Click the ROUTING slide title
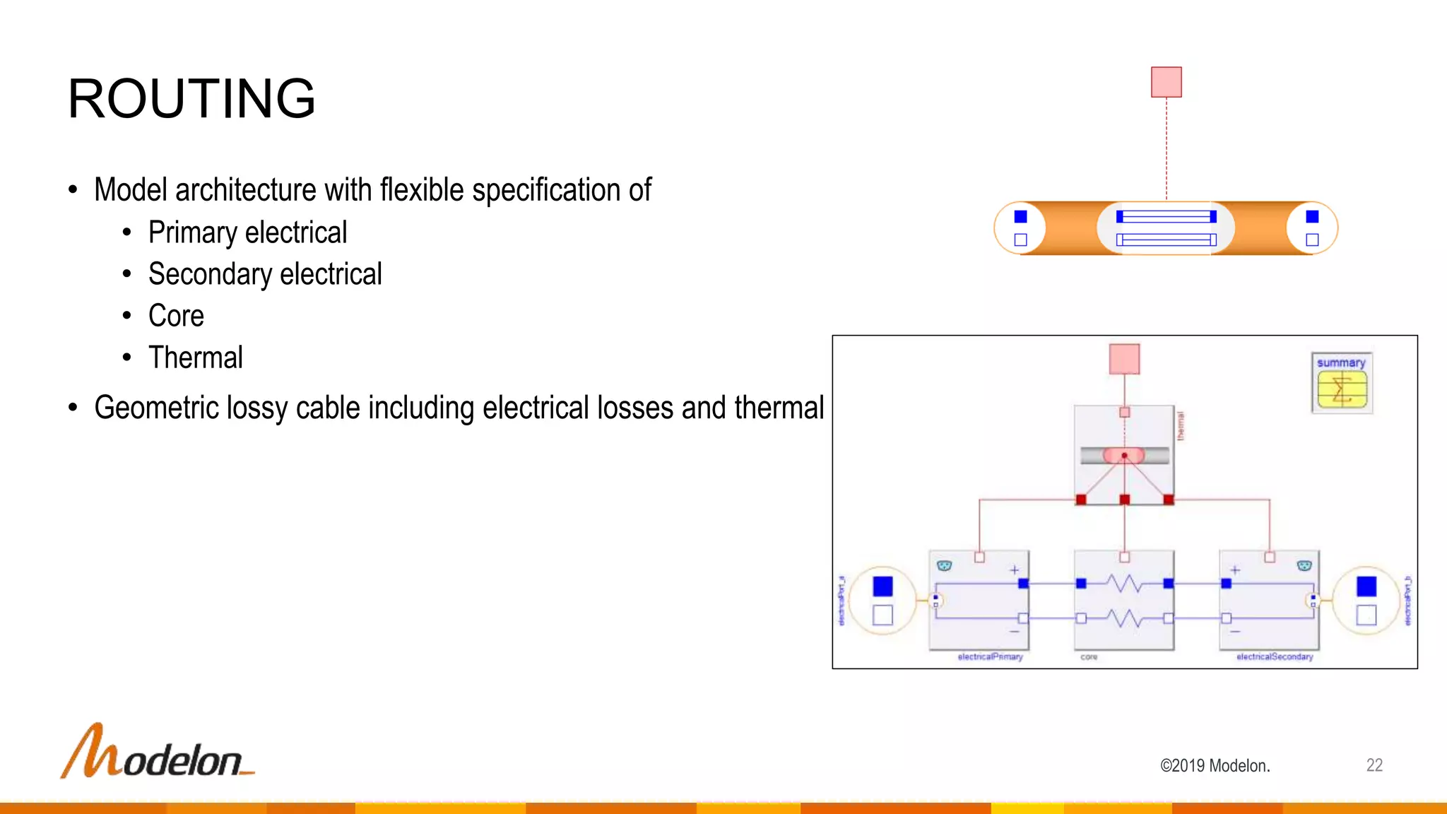[x=191, y=98]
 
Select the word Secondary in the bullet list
[x=210, y=274]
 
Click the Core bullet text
[x=176, y=316]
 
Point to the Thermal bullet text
[x=196, y=358]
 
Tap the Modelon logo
[x=158, y=753]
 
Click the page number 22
[x=1374, y=765]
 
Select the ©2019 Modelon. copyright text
[x=1215, y=766]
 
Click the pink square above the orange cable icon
[x=1167, y=82]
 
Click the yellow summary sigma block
[x=1342, y=389]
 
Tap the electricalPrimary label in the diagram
[x=990, y=657]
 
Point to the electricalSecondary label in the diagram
[x=1275, y=657]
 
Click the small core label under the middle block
[x=1089, y=657]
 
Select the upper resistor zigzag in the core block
[x=1124, y=584]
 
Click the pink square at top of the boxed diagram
[x=1124, y=359]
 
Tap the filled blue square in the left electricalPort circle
[x=882, y=586]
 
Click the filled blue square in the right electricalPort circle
[x=1366, y=586]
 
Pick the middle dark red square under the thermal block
[x=1125, y=500]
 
